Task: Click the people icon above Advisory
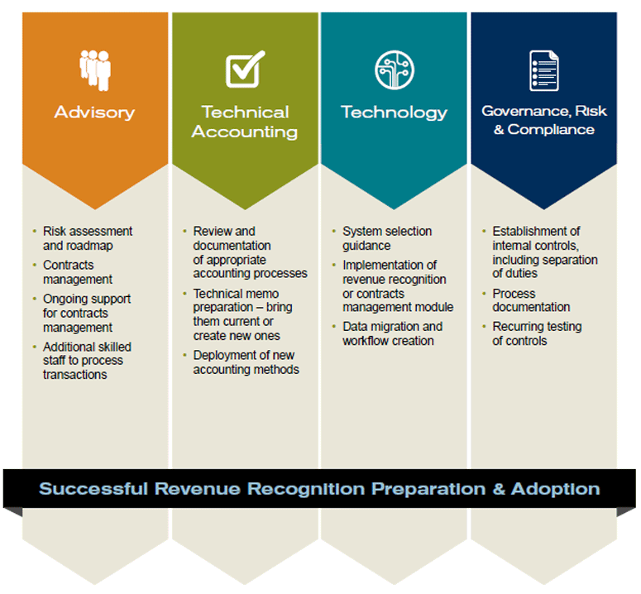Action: [95, 70]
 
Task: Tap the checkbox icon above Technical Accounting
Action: [245, 69]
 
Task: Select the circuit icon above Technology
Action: [394, 69]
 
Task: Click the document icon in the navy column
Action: [543, 70]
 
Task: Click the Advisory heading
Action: [94, 113]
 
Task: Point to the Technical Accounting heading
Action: [245, 122]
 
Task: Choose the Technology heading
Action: [394, 113]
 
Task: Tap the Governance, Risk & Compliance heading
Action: [543, 120]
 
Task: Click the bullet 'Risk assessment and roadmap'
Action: [88, 238]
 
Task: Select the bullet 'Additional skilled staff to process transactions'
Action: [87, 361]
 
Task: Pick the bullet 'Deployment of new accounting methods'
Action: [246, 362]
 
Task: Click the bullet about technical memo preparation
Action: [242, 314]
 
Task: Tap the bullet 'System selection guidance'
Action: [387, 238]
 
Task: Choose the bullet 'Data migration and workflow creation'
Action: [392, 333]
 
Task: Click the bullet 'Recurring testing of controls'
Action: [537, 333]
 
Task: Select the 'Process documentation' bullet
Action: [531, 300]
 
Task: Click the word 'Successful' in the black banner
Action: [93, 489]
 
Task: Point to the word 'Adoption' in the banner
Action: [556, 489]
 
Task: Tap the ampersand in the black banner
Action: [499, 489]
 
